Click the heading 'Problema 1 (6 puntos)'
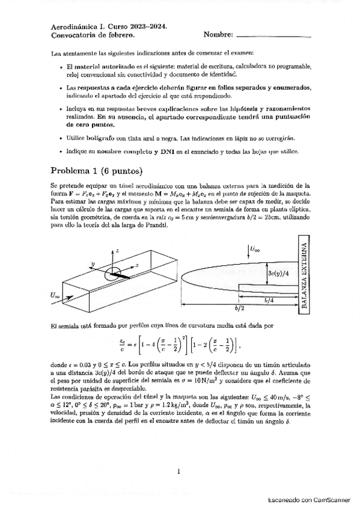pos(96,170)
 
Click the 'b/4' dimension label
pos(272,298)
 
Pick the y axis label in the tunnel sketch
pos(93,264)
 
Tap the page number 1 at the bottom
pos(179,472)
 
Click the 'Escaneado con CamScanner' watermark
pos(308,500)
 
